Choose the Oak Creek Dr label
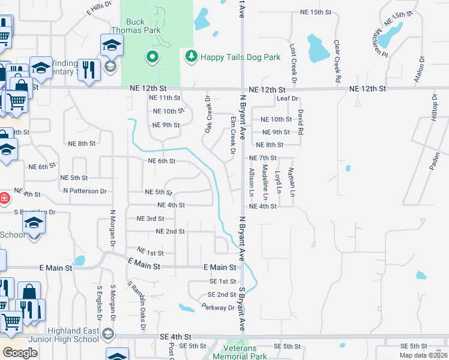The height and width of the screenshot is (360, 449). click(208, 115)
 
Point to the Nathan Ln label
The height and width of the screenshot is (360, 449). click(292, 182)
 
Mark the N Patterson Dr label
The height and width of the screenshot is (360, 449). click(85, 191)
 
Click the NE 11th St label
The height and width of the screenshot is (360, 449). click(164, 97)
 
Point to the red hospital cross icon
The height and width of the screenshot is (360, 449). click(4, 198)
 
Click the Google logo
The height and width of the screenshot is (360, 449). click(19, 353)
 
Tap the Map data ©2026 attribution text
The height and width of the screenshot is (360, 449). click(423, 355)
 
